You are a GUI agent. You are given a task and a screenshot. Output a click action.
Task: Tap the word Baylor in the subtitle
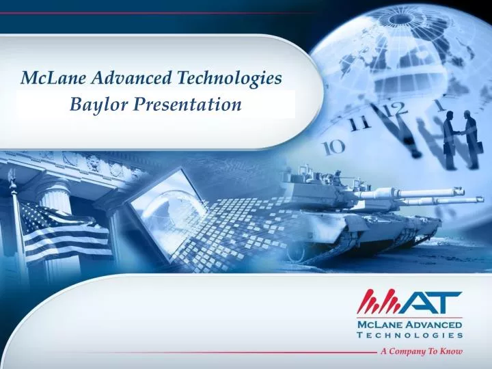95,105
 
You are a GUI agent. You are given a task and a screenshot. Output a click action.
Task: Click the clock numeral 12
393,109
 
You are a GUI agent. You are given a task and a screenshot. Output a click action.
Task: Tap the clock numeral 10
333,146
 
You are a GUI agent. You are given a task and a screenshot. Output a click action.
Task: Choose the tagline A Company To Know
422,351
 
